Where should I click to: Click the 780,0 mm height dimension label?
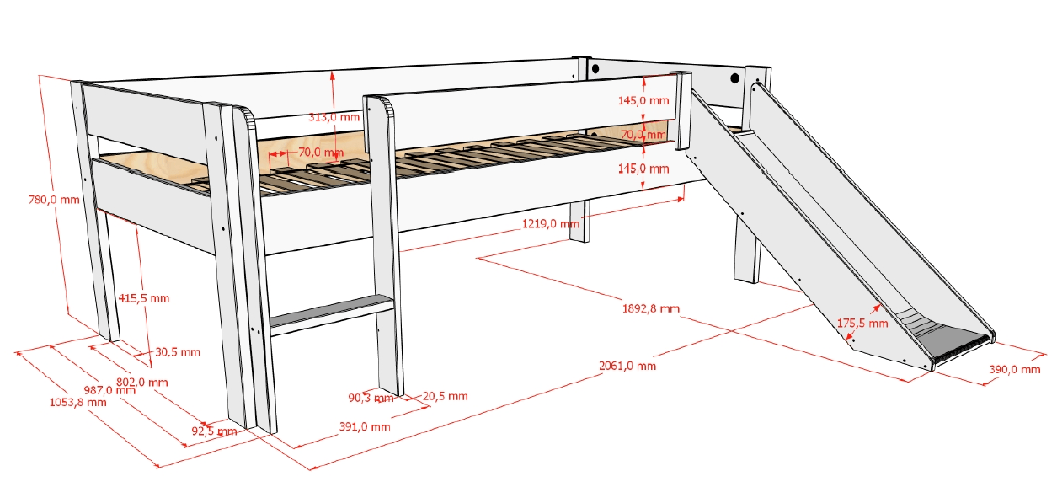pos(54,200)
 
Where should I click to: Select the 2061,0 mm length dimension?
pos(627,366)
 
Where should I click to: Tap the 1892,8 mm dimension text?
pos(651,308)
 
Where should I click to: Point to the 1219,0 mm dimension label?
pos(550,223)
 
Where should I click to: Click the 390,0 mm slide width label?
pos(1015,370)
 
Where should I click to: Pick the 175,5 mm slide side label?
pos(862,324)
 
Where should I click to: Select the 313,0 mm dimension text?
pos(334,117)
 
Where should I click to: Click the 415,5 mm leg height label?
pos(143,298)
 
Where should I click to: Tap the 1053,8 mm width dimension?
pos(77,403)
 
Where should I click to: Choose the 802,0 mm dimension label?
pos(142,383)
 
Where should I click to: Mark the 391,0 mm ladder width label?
pos(365,427)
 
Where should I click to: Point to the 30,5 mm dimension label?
pos(178,352)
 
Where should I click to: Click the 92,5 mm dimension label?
pos(214,431)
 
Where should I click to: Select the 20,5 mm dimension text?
pos(445,396)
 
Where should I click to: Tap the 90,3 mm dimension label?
pos(371,398)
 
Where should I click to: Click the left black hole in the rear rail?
pos(595,69)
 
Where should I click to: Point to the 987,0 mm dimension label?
pos(109,390)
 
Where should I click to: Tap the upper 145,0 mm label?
pos(643,100)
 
